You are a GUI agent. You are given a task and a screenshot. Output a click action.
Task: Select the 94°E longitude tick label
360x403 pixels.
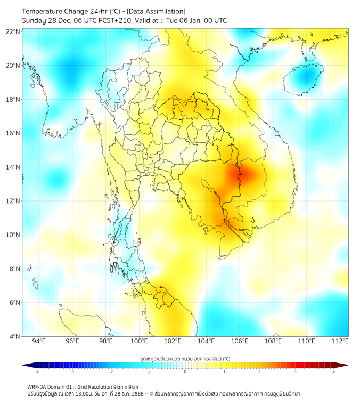point(39,341)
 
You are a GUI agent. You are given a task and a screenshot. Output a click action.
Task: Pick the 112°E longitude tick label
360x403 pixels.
point(340,341)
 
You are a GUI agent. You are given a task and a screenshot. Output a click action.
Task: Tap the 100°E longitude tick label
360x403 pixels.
point(140,341)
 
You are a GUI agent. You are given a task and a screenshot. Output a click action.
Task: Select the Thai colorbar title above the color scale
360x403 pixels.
point(185,359)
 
